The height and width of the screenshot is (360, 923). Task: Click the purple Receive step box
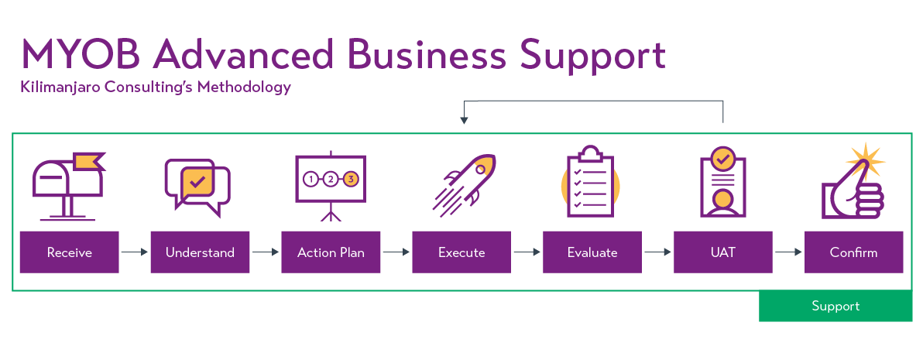pos(69,252)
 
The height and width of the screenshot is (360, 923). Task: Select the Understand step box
pos(200,252)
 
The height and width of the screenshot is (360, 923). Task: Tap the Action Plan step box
pos(331,252)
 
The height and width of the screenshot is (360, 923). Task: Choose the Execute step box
pos(461,252)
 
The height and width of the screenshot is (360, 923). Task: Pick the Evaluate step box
pos(592,252)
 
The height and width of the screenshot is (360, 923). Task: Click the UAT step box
pos(723,252)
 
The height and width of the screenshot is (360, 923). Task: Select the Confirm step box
pos(853,252)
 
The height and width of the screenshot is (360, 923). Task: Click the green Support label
pos(836,306)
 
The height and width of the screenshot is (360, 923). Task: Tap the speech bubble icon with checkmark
pos(197,184)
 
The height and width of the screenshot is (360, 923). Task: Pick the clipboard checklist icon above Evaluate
pos(591,183)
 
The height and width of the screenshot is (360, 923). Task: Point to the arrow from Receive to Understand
pos(134,252)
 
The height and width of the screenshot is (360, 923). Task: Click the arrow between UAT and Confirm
pos(788,252)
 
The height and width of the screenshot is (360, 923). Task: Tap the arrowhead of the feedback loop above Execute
pos(464,120)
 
